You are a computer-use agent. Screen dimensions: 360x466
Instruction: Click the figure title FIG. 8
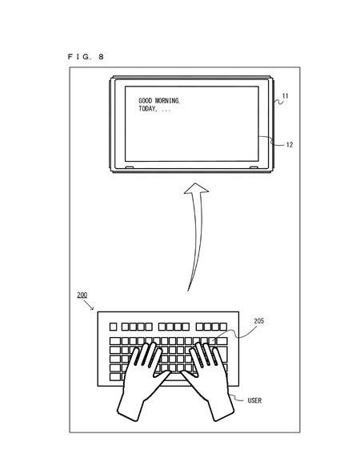(86, 57)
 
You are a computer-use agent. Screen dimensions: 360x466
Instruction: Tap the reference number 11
(285, 96)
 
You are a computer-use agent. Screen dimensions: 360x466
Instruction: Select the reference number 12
(290, 145)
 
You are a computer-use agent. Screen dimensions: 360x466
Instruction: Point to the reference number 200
(82, 295)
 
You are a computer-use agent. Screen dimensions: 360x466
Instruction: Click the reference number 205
(258, 321)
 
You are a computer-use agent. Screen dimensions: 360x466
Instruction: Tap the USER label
(254, 400)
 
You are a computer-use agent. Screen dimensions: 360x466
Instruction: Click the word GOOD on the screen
(146, 101)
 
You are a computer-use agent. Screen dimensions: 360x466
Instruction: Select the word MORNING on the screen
(167, 101)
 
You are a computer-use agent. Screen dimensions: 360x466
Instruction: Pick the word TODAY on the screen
(147, 109)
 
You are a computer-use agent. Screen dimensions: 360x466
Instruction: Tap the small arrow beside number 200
(89, 305)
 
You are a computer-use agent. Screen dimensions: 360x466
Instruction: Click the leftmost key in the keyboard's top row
(113, 327)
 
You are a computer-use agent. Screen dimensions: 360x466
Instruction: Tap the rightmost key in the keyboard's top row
(223, 327)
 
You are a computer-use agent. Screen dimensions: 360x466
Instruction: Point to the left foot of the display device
(130, 167)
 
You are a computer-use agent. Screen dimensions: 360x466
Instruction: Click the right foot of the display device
(254, 167)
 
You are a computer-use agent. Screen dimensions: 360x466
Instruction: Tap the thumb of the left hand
(162, 377)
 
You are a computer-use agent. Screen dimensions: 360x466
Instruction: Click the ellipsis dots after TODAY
(166, 110)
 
